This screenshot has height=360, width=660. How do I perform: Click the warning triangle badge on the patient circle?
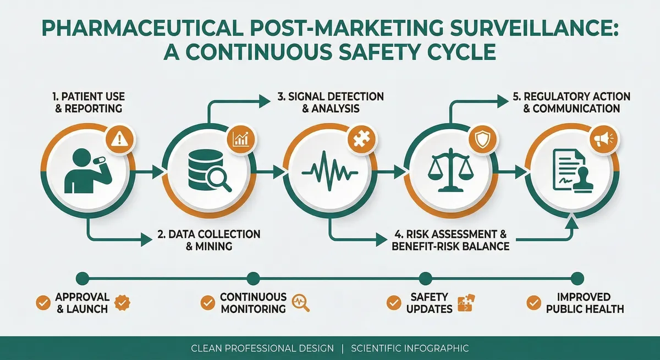point(119,140)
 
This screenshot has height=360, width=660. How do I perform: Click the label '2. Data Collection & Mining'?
point(208,240)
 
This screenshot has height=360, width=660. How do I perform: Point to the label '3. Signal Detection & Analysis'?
point(330,102)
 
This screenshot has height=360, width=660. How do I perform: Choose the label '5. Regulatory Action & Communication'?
point(571,102)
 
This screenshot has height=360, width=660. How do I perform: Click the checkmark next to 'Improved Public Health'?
point(532,302)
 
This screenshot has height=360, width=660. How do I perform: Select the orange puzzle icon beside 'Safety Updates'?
point(465,302)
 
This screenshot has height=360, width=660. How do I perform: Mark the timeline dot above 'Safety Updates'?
point(425,277)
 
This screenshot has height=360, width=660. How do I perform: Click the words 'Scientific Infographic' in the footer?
point(409,348)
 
